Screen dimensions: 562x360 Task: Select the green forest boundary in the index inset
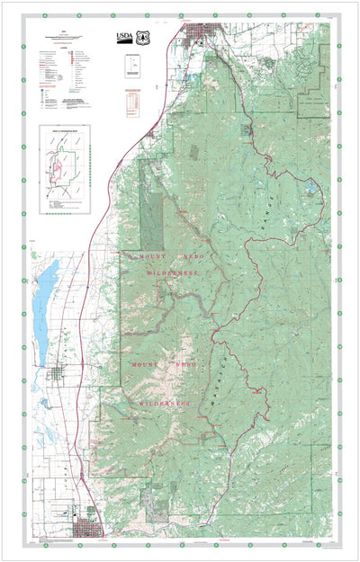72,162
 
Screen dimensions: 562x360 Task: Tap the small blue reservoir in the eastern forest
311,189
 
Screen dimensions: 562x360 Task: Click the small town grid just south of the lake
58,376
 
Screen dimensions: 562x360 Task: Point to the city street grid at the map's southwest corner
90,525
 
